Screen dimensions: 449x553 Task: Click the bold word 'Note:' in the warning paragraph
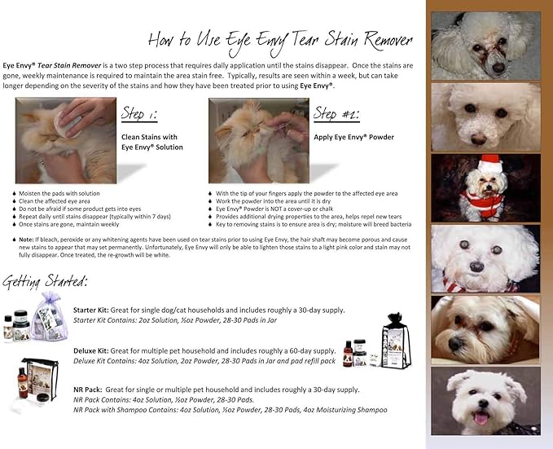coord(26,240)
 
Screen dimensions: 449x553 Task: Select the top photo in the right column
coord(485,45)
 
